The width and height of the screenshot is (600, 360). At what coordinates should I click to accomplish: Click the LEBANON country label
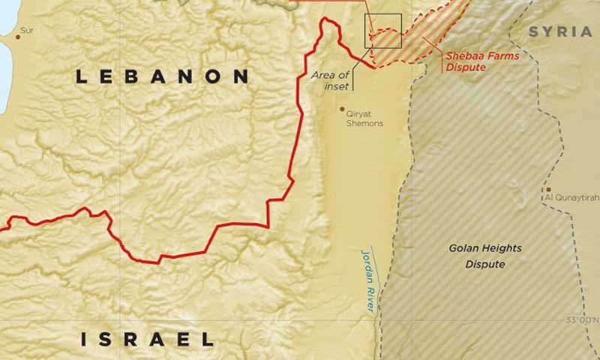tap(163, 76)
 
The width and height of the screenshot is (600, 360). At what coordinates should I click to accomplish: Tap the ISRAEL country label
tap(148, 340)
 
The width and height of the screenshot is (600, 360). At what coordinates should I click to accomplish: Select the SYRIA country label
tap(560, 31)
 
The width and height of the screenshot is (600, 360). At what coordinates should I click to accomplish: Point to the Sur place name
tap(28, 30)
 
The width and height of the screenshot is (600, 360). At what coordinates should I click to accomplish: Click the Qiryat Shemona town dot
tap(343, 109)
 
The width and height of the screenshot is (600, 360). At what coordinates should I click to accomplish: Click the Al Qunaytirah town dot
tap(549, 190)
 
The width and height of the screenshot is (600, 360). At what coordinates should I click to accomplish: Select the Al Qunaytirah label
tap(571, 199)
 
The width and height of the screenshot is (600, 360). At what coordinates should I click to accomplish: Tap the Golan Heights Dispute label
tap(484, 256)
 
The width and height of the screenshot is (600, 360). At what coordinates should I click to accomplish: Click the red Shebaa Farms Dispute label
tap(475, 61)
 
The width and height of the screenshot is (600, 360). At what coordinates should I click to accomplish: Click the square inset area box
tap(382, 31)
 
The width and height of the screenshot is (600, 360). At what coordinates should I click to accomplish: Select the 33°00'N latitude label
tap(582, 321)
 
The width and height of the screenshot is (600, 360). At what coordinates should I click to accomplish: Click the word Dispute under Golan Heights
tap(484, 265)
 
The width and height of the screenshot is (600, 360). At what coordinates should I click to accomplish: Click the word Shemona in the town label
tap(366, 124)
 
